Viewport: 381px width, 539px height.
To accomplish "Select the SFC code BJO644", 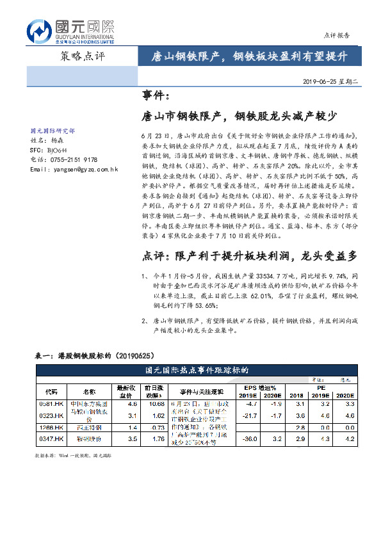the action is pyautogui.click(x=61, y=149).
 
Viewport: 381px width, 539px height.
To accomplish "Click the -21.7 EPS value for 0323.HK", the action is pyautogui.click(x=251, y=416).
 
